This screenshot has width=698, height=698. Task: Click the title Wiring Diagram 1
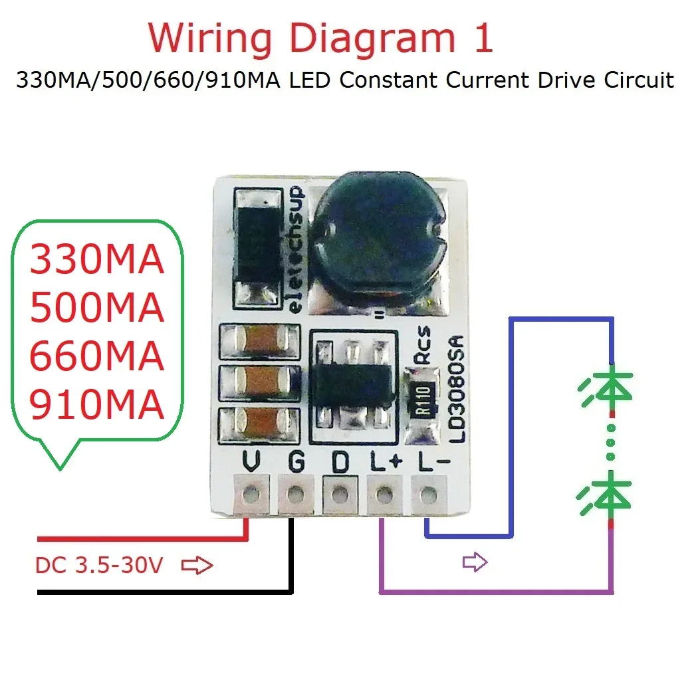(x=321, y=39)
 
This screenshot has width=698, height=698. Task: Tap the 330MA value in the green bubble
(x=97, y=259)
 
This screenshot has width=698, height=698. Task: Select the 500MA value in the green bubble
(x=97, y=307)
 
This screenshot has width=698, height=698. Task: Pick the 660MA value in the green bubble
(x=97, y=356)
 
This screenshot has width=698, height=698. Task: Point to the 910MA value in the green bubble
(x=97, y=404)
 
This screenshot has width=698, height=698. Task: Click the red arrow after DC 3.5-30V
(x=197, y=566)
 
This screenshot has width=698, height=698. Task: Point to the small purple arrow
(x=475, y=562)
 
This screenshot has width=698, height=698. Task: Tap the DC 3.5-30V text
(x=99, y=566)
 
